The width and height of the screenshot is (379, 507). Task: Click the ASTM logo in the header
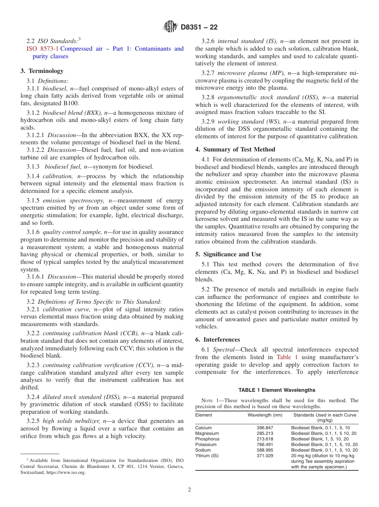click(170, 27)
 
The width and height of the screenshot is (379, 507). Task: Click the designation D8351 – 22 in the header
click(199, 27)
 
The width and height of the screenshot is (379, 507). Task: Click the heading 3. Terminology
click(42, 71)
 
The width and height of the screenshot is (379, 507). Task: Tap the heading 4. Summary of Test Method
click(235, 149)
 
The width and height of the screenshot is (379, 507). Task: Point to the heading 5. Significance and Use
click(228, 254)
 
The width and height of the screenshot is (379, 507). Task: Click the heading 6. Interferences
click(217, 340)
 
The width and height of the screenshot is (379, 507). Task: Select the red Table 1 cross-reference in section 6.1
click(287, 358)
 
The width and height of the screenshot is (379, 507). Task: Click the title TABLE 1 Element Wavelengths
click(276, 390)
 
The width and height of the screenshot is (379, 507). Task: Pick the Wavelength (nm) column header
click(265, 415)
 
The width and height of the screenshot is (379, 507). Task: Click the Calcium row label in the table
click(203, 428)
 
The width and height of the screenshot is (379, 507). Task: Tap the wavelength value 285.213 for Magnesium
click(265, 433)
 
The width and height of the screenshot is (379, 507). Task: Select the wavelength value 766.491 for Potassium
click(265, 444)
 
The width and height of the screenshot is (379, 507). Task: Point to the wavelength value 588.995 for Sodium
click(265, 450)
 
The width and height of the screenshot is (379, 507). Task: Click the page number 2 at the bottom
click(189, 490)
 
